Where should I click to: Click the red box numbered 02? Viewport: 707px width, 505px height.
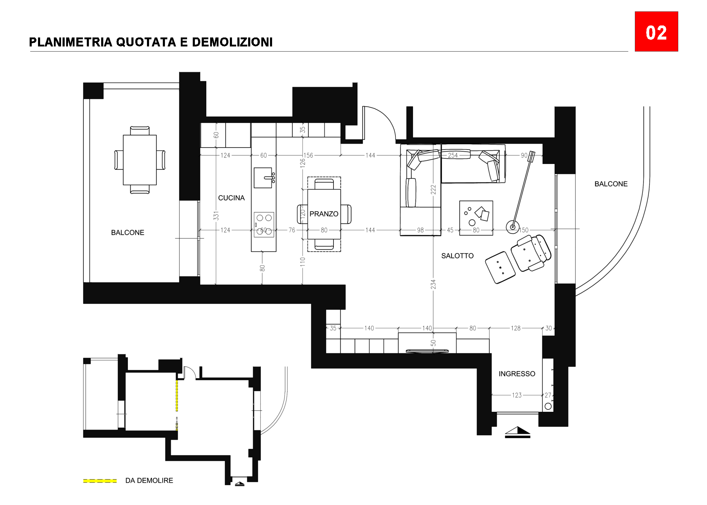click(x=656, y=31)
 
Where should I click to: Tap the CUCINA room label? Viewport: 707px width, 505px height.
click(x=231, y=198)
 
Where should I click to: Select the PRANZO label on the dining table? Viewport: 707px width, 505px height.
click(x=324, y=214)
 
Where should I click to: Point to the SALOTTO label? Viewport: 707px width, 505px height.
click(x=457, y=256)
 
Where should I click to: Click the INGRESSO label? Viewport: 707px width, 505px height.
click(x=517, y=374)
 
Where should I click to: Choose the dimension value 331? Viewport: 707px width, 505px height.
click(x=216, y=216)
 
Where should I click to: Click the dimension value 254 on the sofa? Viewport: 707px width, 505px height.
click(x=453, y=155)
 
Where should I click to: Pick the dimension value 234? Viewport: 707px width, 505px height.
click(x=433, y=284)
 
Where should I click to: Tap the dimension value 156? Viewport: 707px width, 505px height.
click(x=308, y=155)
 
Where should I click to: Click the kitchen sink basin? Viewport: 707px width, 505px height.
click(x=263, y=178)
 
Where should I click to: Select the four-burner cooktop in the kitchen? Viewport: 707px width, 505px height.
click(x=264, y=224)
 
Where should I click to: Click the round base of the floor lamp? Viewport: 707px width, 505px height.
click(x=513, y=227)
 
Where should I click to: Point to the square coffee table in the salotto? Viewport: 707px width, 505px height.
click(x=476, y=218)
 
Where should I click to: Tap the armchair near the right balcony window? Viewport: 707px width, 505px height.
click(x=531, y=253)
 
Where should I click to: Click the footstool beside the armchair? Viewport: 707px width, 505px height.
click(x=500, y=267)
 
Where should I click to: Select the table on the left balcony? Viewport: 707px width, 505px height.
click(x=140, y=160)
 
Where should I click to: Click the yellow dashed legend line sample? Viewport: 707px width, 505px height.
click(x=100, y=481)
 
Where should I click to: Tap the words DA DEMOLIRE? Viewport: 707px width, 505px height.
click(x=149, y=480)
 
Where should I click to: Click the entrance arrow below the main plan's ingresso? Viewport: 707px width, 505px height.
click(x=517, y=432)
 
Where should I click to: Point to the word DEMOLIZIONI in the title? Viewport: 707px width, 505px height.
click(x=232, y=42)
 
